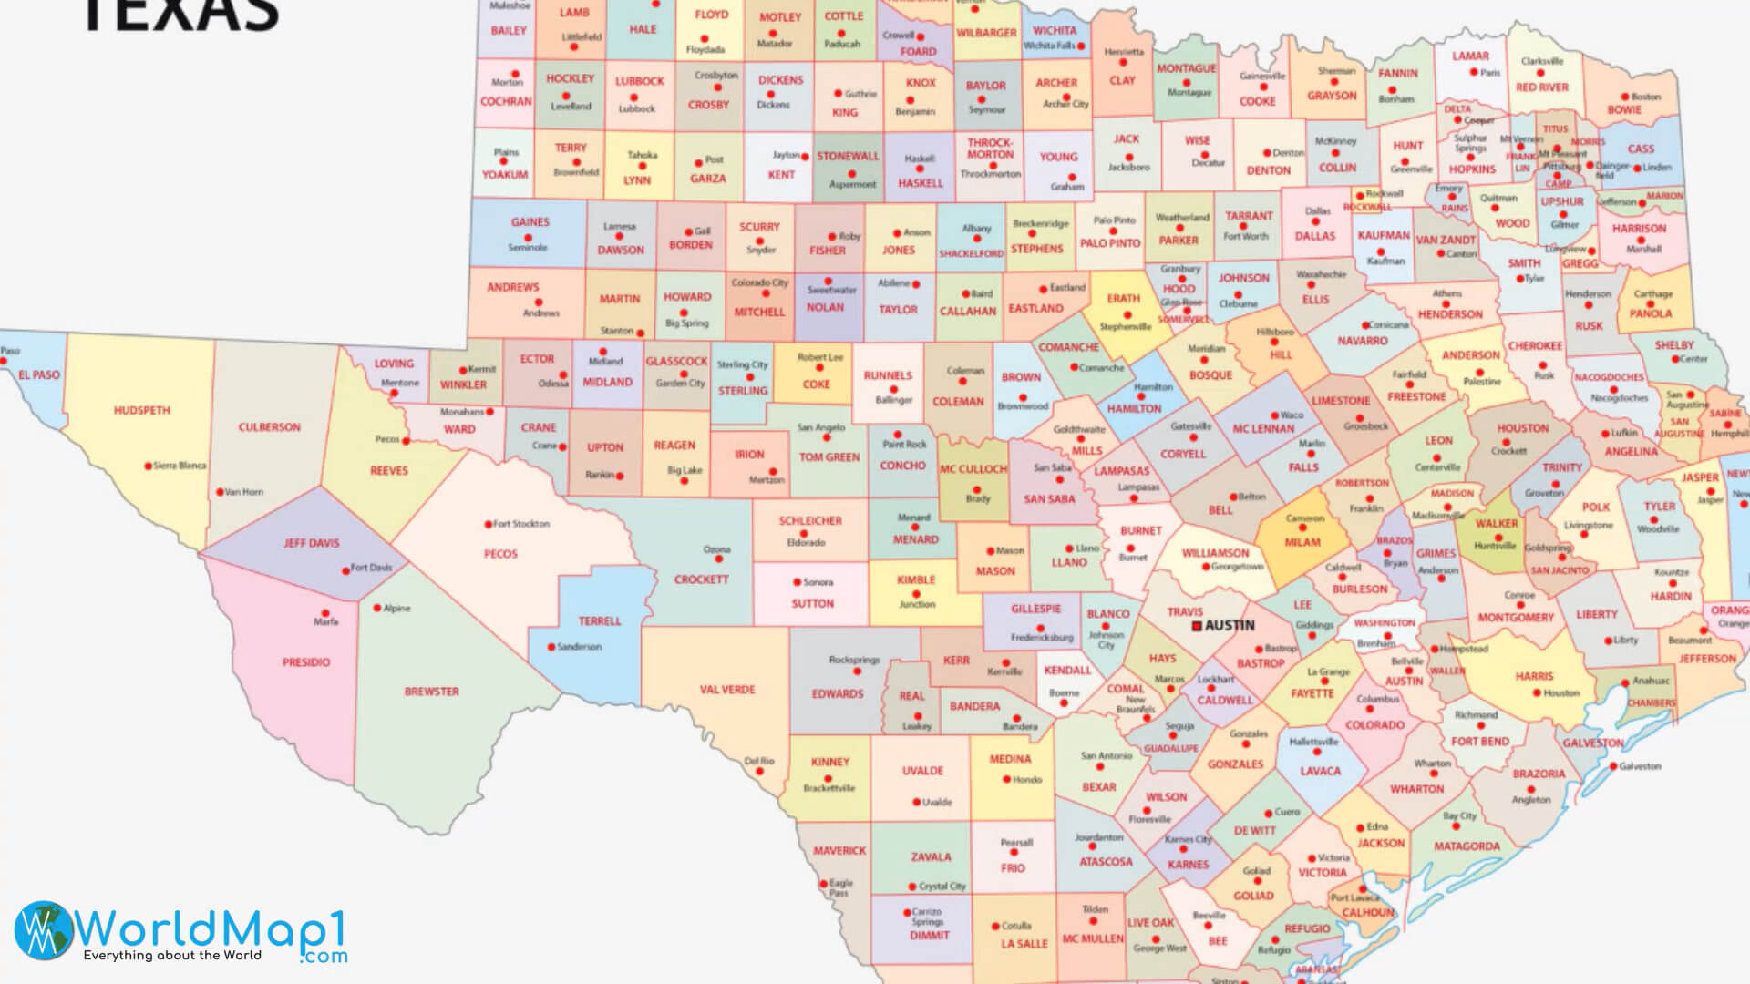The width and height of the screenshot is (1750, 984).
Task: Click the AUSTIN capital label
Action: [x=1230, y=626]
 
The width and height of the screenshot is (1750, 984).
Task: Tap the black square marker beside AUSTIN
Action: [x=1198, y=626]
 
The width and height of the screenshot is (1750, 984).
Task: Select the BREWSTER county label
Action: [x=432, y=692]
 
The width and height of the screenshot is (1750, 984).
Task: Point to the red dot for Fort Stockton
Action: [x=488, y=524]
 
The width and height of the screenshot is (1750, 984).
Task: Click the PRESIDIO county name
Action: [x=306, y=662]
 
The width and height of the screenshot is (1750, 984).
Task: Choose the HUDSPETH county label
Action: [x=142, y=411]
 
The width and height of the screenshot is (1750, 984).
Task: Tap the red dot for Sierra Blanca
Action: [x=149, y=466]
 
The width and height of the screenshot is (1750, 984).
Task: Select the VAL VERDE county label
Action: [x=727, y=690]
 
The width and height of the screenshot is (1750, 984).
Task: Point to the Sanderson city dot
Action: [x=551, y=647]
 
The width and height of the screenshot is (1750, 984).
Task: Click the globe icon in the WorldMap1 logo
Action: [x=43, y=929]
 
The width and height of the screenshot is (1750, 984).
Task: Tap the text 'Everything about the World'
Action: [x=172, y=956]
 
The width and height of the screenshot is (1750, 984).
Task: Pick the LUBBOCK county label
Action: [x=639, y=81]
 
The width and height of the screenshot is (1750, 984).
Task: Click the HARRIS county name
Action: [x=1534, y=677]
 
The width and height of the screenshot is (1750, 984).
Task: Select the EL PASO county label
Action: [x=39, y=374]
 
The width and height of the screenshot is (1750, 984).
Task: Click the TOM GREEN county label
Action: [x=829, y=457]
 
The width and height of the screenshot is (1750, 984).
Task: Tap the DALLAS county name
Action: [x=1314, y=236]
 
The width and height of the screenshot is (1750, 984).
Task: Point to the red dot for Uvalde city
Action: [x=916, y=803]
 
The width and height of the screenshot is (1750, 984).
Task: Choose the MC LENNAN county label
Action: [x=1263, y=429]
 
